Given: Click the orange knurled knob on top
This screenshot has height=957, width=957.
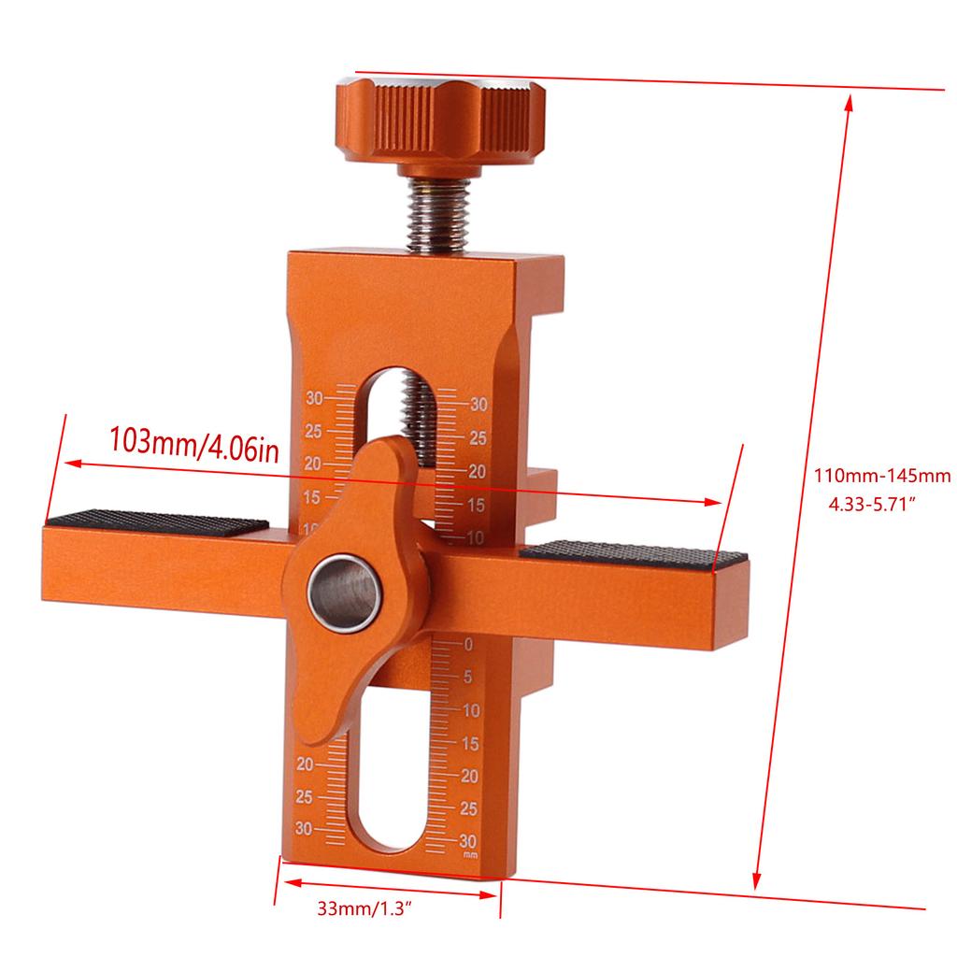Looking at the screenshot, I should pos(444,121).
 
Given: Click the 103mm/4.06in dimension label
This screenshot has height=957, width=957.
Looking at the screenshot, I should pos(194,440).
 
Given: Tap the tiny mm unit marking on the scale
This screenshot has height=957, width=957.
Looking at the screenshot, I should pos(470,853).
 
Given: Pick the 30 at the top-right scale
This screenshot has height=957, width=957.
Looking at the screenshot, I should pos(479,405).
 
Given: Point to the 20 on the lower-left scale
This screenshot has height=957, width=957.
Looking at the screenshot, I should pos(305,764).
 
